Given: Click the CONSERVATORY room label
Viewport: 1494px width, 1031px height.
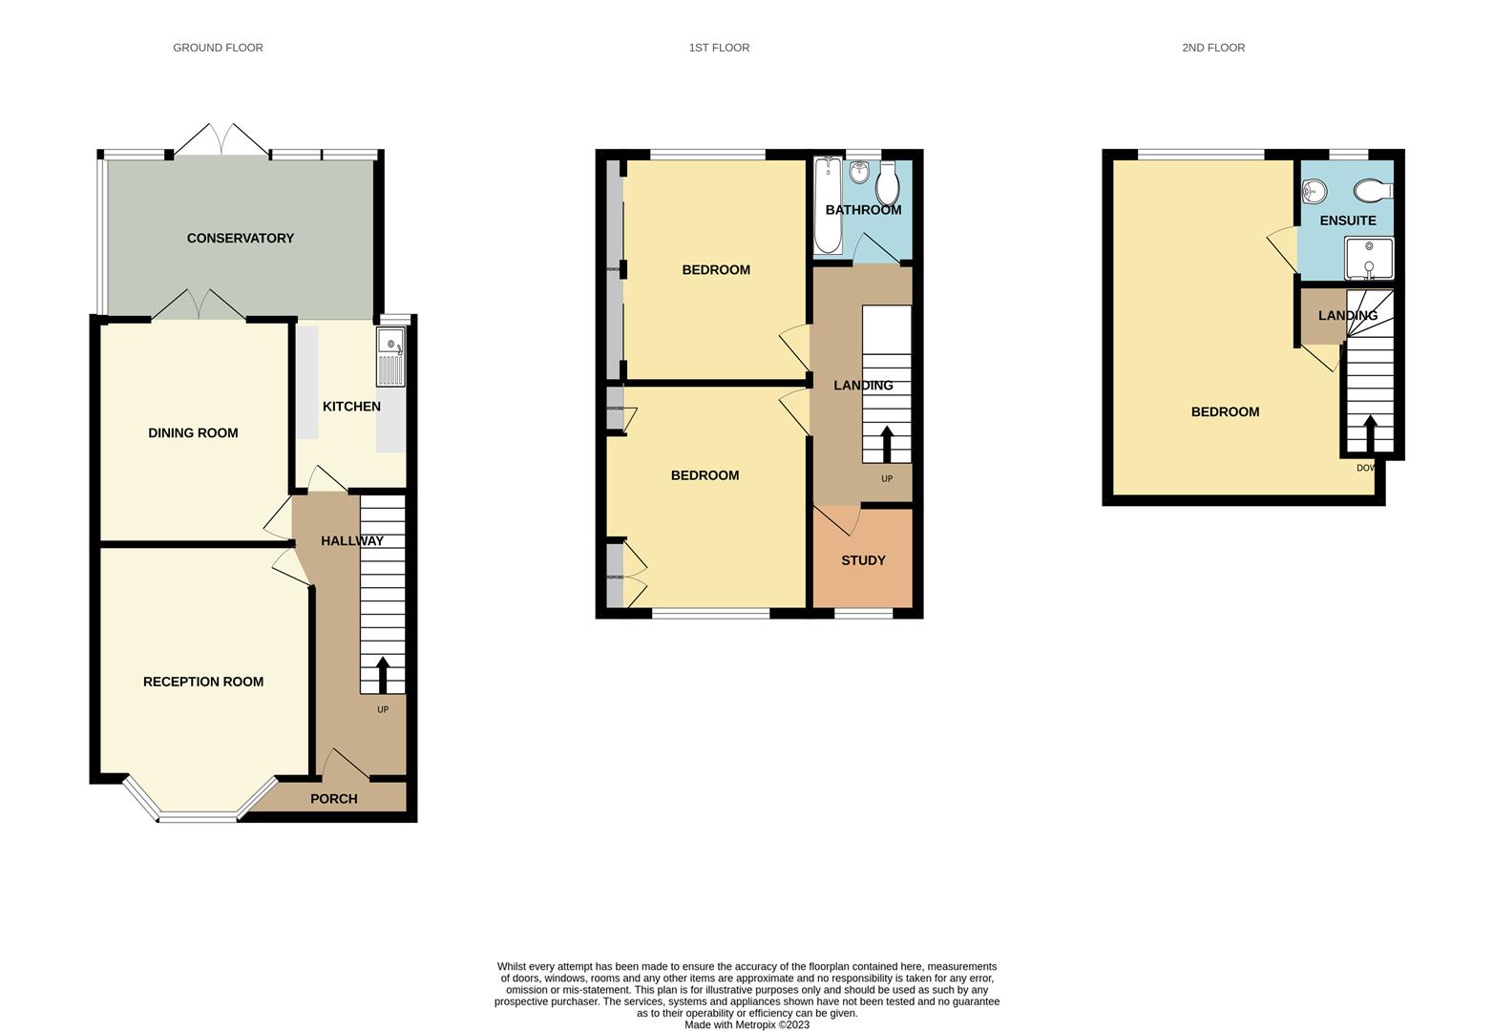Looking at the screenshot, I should tap(240, 238).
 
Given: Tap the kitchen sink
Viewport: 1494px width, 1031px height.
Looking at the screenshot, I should tap(390, 356).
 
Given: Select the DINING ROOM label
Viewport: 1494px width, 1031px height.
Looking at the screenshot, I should tap(193, 432).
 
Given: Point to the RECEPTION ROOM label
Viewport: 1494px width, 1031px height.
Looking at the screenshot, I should tap(203, 682).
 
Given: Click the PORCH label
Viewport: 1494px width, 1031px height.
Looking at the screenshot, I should tap(334, 799).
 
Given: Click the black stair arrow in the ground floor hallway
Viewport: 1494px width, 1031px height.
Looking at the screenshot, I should tap(383, 674).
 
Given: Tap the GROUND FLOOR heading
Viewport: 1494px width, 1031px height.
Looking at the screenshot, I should tap(218, 47).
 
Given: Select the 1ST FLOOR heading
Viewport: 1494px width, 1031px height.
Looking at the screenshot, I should tap(719, 47).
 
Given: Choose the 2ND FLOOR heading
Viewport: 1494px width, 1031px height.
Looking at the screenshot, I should tap(1213, 47).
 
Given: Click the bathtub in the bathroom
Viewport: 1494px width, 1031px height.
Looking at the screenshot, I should tap(828, 205).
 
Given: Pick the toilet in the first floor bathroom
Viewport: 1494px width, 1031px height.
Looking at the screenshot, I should tap(888, 183).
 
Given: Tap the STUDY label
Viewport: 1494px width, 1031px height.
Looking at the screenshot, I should tap(863, 560).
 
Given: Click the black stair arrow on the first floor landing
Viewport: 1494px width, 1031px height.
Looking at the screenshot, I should tap(887, 444).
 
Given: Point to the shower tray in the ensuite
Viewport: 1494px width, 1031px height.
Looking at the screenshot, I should tap(1369, 259).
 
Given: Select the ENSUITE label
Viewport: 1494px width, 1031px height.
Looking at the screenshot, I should tap(1348, 221).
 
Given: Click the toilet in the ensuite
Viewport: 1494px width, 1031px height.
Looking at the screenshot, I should tap(1373, 191).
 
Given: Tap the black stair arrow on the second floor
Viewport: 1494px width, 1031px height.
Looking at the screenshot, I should tap(1371, 433).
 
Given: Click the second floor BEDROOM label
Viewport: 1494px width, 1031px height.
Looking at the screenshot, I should tap(1225, 411).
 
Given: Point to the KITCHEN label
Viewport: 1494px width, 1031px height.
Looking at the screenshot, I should tap(351, 407).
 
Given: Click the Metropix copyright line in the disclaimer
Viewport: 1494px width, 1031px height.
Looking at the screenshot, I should tap(747, 1024).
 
